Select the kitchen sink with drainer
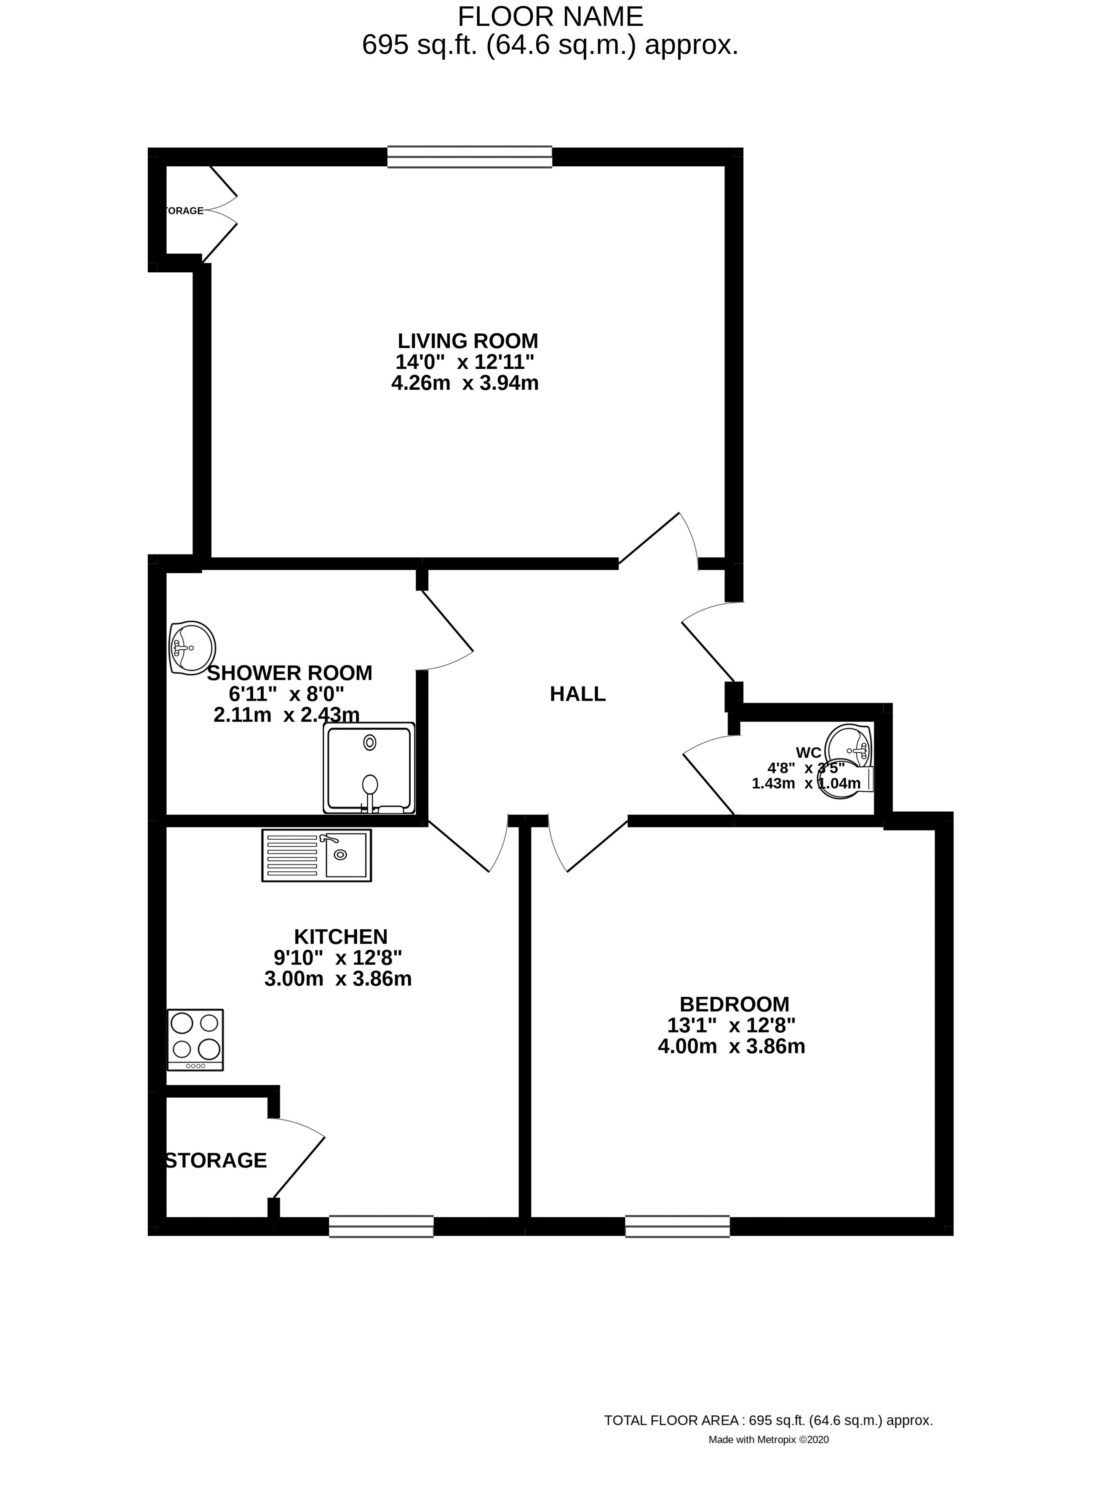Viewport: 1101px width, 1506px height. [x=317, y=855]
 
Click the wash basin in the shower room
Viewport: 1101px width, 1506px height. [x=192, y=647]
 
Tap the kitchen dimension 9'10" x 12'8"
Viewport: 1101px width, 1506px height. [x=338, y=958]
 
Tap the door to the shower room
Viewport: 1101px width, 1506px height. [x=446, y=629]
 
